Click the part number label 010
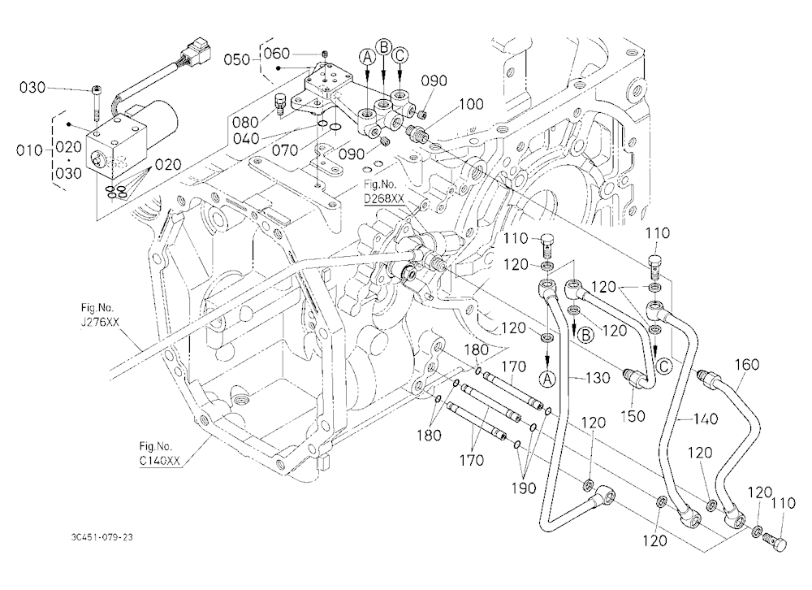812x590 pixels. tap(29, 151)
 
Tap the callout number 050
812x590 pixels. tap(236, 59)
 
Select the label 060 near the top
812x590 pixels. tap(277, 54)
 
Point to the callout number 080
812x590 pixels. tap(245, 123)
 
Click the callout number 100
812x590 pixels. tap(471, 104)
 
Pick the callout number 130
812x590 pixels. tap(598, 378)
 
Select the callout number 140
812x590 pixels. tap(706, 419)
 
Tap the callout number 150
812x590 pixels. tap(633, 416)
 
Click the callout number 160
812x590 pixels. tap(747, 364)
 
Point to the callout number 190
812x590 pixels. tap(524, 488)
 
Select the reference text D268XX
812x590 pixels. tap(383, 198)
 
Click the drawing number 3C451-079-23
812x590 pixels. tap(101, 537)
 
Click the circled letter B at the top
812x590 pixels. tap(384, 47)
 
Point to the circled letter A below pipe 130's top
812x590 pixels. tap(547, 380)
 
